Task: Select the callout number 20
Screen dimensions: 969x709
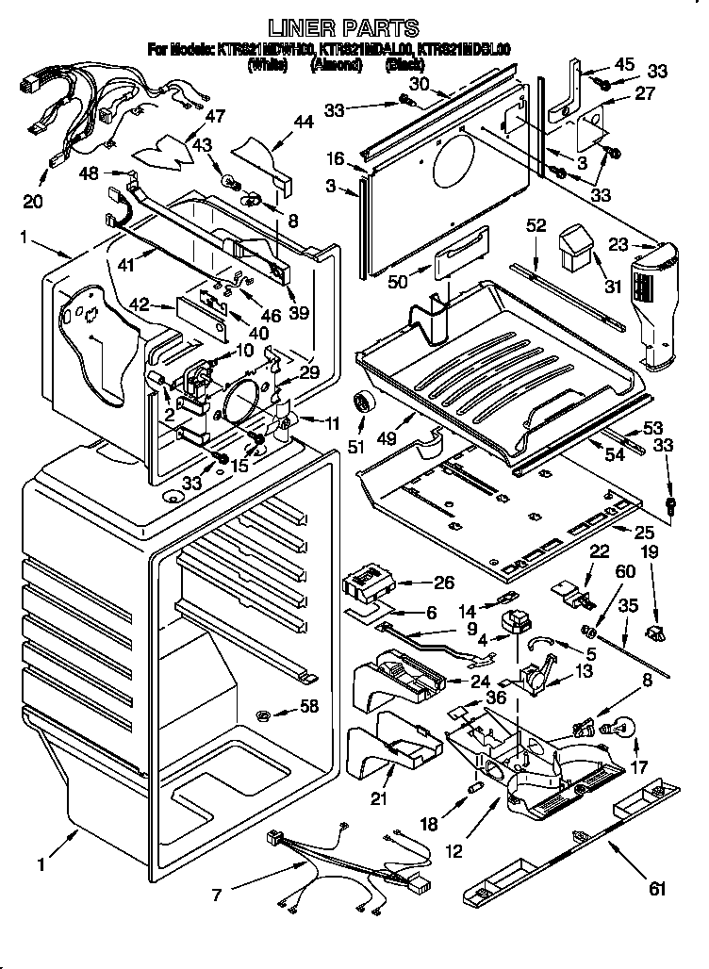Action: point(33,202)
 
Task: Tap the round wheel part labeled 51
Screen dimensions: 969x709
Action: point(363,403)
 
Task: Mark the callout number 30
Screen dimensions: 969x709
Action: point(420,84)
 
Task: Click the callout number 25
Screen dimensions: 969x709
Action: point(644,533)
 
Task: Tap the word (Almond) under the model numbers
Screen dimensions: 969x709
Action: point(336,65)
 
